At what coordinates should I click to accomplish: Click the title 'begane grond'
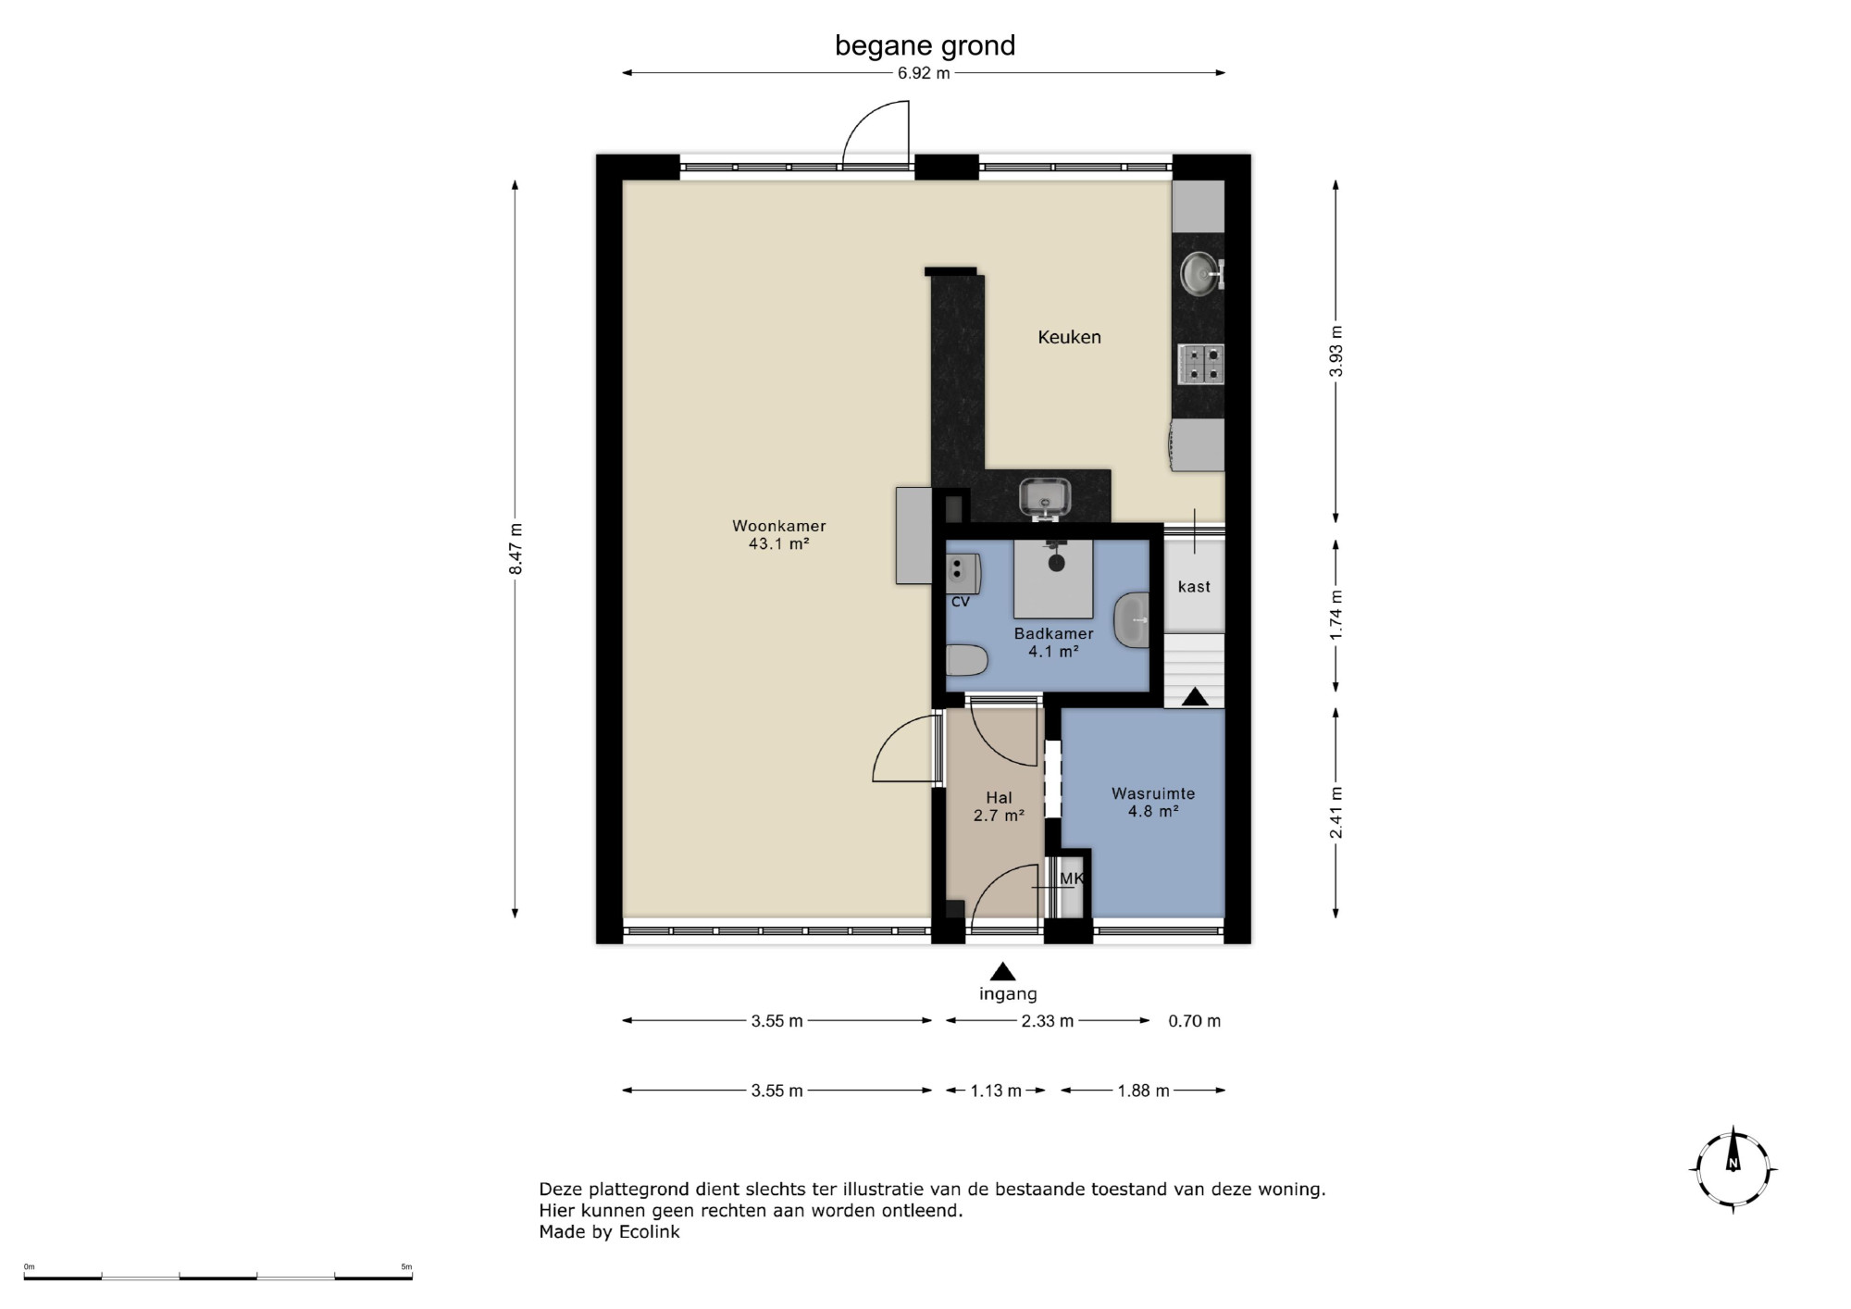[925, 45]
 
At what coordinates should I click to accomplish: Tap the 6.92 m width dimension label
[924, 73]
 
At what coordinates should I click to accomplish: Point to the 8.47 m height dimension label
[516, 549]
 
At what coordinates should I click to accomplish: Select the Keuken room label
[1069, 337]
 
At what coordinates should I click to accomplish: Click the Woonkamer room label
[779, 526]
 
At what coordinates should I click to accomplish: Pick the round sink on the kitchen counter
[1201, 273]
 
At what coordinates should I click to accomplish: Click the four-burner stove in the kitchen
[1200, 364]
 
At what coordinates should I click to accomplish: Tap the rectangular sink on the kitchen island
[1045, 497]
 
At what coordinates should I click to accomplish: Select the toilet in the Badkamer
[967, 661]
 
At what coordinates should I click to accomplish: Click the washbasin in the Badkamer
[1131, 620]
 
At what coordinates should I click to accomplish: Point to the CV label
[961, 602]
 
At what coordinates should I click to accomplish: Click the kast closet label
[1194, 586]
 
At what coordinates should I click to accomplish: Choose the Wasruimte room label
[1153, 793]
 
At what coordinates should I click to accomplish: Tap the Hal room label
[999, 797]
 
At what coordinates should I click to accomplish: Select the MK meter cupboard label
[1071, 878]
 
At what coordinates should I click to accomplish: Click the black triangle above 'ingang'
[1003, 971]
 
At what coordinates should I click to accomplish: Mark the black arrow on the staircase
[1195, 696]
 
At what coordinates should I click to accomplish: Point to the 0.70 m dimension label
[1194, 1021]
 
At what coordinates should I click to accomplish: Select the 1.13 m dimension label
[996, 1091]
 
